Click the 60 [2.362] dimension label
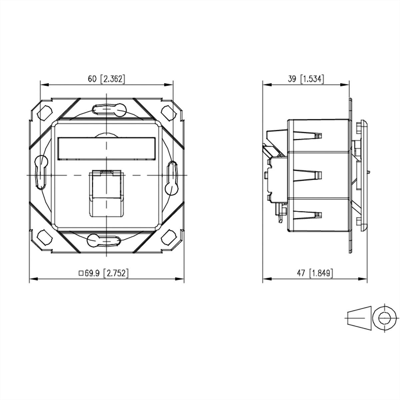pyautogui.click(x=106, y=79)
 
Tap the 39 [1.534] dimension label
pyautogui.click(x=306, y=79)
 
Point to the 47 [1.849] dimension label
pyautogui.click(x=315, y=273)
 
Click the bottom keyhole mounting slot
pyautogui.click(x=104, y=240)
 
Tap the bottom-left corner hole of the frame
pyautogui.click(x=45, y=236)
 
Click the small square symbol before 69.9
pyautogui.click(x=81, y=273)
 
